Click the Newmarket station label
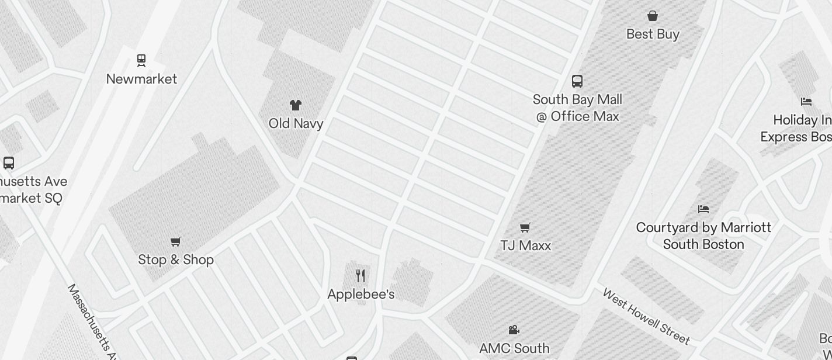(x=141, y=79)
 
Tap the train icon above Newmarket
(x=141, y=60)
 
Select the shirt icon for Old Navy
(x=296, y=105)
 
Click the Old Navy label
(x=296, y=123)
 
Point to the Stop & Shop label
(x=176, y=259)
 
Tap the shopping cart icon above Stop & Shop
(x=176, y=241)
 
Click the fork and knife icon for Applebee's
(x=360, y=276)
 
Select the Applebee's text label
(x=360, y=294)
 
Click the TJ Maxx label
(x=525, y=245)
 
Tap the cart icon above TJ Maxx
(x=525, y=227)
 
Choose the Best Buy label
(x=653, y=34)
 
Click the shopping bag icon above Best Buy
(x=653, y=16)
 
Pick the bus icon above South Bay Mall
(x=577, y=81)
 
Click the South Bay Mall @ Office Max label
(x=577, y=108)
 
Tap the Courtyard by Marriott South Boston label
(x=703, y=236)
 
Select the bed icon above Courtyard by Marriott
(x=703, y=209)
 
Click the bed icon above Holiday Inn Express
(x=806, y=102)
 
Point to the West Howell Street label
(x=646, y=316)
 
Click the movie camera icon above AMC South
(x=514, y=330)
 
